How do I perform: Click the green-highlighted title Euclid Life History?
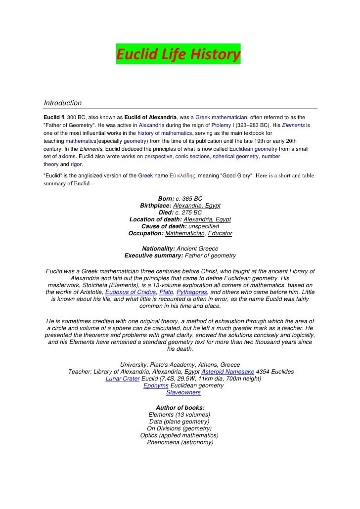coord(179,54)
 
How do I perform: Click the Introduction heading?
coord(63,103)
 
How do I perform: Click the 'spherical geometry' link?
coord(235,156)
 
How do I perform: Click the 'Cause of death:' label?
coord(162,226)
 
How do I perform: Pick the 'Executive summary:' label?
coord(153,255)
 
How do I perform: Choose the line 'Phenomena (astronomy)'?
coord(180,443)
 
